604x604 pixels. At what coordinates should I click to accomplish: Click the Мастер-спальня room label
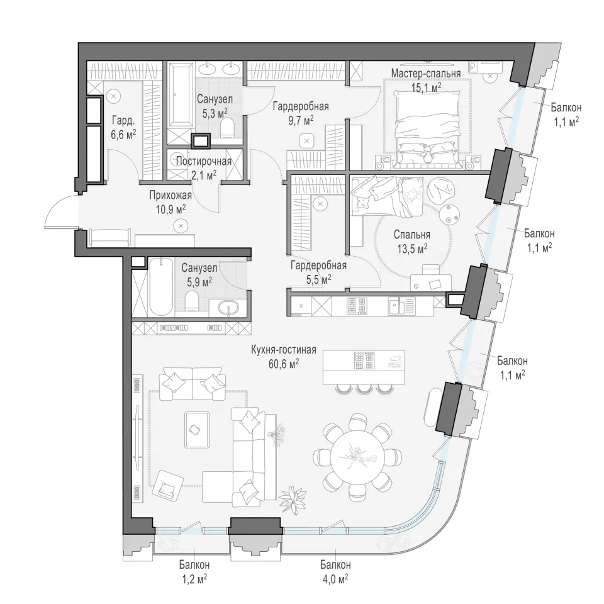[426, 73]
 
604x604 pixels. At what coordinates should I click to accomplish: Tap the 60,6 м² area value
[284, 364]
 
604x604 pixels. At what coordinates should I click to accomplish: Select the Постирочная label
[204, 162]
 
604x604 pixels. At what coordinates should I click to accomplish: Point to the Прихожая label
[171, 195]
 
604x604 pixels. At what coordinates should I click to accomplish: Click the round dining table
[358, 457]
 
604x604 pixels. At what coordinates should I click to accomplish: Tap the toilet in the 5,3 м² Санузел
[228, 128]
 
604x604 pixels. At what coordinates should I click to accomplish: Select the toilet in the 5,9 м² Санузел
[191, 301]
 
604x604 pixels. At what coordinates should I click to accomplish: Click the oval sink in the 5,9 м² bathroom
[228, 308]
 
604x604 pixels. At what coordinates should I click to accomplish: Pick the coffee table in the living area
[197, 430]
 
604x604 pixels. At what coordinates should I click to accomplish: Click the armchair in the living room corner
[167, 484]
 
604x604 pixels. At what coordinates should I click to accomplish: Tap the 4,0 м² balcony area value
[334, 579]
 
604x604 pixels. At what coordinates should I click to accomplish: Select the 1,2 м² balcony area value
[194, 579]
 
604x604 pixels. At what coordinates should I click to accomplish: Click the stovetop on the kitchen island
[364, 361]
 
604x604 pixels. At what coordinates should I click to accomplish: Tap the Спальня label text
[411, 235]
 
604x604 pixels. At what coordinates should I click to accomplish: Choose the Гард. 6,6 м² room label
[123, 128]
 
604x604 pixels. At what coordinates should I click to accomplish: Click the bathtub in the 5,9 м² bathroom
[161, 287]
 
